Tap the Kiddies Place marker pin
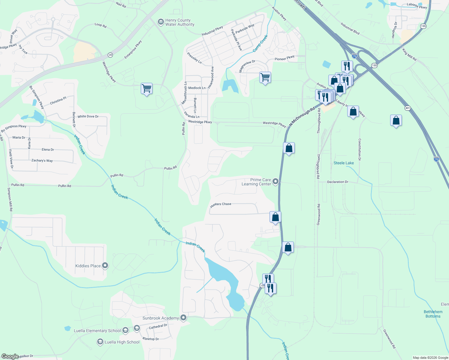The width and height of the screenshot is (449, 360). [105, 265]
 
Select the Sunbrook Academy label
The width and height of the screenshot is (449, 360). [161, 318]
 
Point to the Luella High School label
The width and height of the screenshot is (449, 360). [122, 342]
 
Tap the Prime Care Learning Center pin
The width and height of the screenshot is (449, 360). [276, 181]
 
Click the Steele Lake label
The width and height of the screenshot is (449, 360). [344, 163]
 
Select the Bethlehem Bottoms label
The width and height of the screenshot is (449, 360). [433, 314]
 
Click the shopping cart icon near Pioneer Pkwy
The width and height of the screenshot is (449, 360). [265, 77]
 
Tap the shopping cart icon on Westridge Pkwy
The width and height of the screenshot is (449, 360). [146, 88]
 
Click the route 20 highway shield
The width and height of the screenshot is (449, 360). [110, 55]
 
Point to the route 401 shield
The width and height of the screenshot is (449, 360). [407, 108]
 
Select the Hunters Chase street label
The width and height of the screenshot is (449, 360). [221, 204]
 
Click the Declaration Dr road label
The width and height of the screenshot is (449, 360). [338, 182]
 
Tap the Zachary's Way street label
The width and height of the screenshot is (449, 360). [42, 160]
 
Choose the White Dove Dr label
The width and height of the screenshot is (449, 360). [88, 116]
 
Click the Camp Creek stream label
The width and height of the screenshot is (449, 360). [260, 43]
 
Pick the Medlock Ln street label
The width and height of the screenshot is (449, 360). [197, 88]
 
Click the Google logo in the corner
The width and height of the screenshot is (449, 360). [10, 356]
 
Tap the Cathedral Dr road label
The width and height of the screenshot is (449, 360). [158, 326]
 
